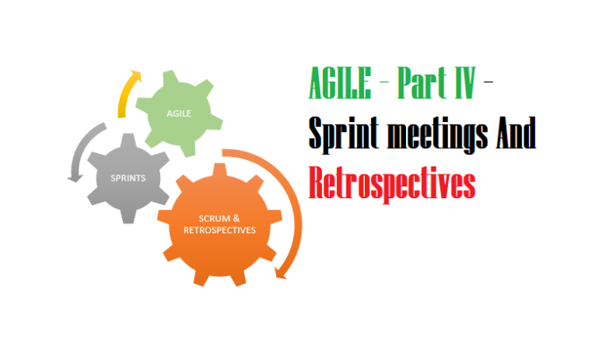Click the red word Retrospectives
click(x=392, y=185)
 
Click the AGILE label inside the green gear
click(x=178, y=113)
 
